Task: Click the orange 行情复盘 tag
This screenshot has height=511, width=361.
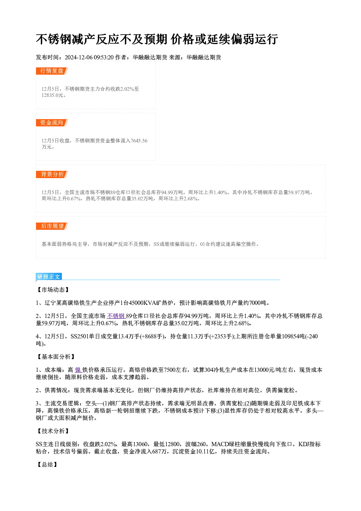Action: tap(52, 71)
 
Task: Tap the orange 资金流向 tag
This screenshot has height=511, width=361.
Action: tap(52, 123)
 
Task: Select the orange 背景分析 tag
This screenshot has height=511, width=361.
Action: tap(52, 174)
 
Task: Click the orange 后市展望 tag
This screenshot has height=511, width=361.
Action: tap(52, 226)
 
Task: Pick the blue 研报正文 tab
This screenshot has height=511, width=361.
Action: tap(49, 277)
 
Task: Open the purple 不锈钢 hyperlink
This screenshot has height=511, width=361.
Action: tap(116, 316)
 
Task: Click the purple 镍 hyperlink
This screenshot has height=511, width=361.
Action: tap(78, 370)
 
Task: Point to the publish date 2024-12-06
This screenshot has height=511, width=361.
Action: tap(79, 58)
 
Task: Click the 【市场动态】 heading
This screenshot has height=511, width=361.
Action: tap(53, 290)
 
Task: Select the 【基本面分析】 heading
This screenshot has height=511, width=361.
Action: tap(56, 357)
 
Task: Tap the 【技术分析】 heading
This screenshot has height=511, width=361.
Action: tap(53, 431)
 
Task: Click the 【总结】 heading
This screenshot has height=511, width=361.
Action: tap(47, 464)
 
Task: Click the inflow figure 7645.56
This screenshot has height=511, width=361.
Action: tap(139, 141)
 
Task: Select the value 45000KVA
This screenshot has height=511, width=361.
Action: tap(142, 303)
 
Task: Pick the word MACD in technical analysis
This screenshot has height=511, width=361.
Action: tap(220, 444)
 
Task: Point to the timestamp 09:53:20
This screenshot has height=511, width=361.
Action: tap(104, 58)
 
